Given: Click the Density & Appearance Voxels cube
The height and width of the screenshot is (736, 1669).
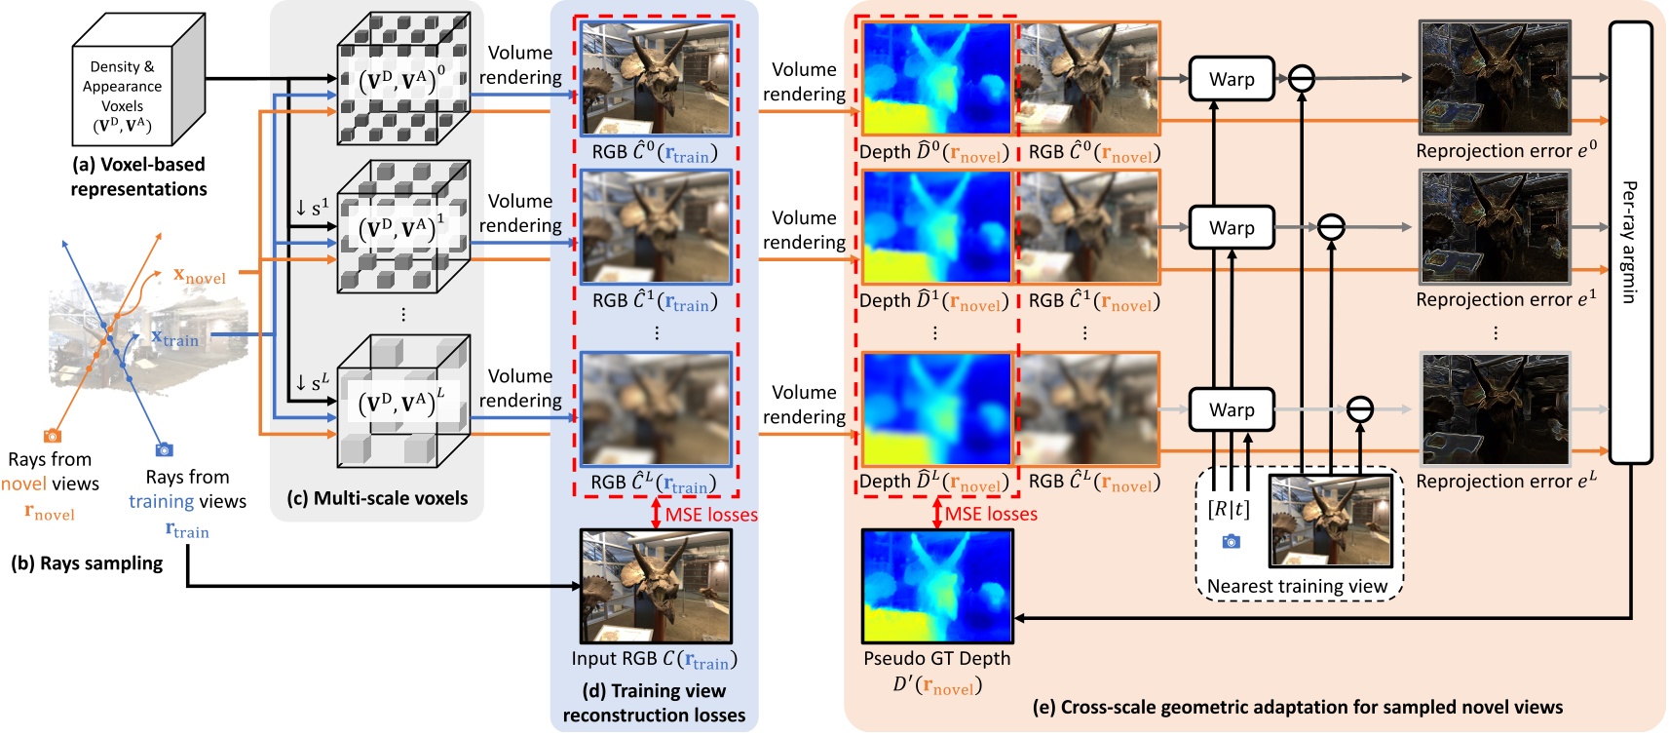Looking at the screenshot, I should [137, 81].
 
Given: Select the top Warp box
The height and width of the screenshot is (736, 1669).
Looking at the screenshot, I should [1232, 79].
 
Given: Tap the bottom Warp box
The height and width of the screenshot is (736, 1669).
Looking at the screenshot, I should [1232, 409].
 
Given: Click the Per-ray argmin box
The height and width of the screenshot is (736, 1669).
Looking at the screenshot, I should [1630, 242].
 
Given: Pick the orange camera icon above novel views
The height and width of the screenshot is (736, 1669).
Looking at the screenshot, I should [53, 436].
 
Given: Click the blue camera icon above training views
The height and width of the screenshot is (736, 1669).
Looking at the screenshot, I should [164, 449].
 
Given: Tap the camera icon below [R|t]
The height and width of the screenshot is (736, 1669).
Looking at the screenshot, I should [1232, 541].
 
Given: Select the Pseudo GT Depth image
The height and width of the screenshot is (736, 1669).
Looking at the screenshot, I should [937, 586].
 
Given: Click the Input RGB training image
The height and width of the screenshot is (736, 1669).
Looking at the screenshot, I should [655, 586].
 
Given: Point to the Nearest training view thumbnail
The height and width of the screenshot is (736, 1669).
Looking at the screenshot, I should [1331, 521].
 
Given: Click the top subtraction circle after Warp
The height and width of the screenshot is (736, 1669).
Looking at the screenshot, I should [1302, 79].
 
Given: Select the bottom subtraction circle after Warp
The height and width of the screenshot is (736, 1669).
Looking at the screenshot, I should [1360, 409].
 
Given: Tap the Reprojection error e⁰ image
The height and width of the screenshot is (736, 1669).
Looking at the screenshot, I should [1495, 78].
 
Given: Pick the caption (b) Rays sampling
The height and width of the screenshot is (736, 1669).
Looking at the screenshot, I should [87, 563].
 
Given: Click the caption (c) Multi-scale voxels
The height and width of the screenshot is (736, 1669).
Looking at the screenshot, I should [377, 498].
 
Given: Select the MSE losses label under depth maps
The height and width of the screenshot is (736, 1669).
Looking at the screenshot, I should [990, 514].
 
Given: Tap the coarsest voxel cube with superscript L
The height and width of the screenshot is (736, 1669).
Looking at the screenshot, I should [403, 401].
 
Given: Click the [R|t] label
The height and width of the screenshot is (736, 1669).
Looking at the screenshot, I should [1229, 509].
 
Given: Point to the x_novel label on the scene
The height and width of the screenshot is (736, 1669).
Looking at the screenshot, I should [199, 277].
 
